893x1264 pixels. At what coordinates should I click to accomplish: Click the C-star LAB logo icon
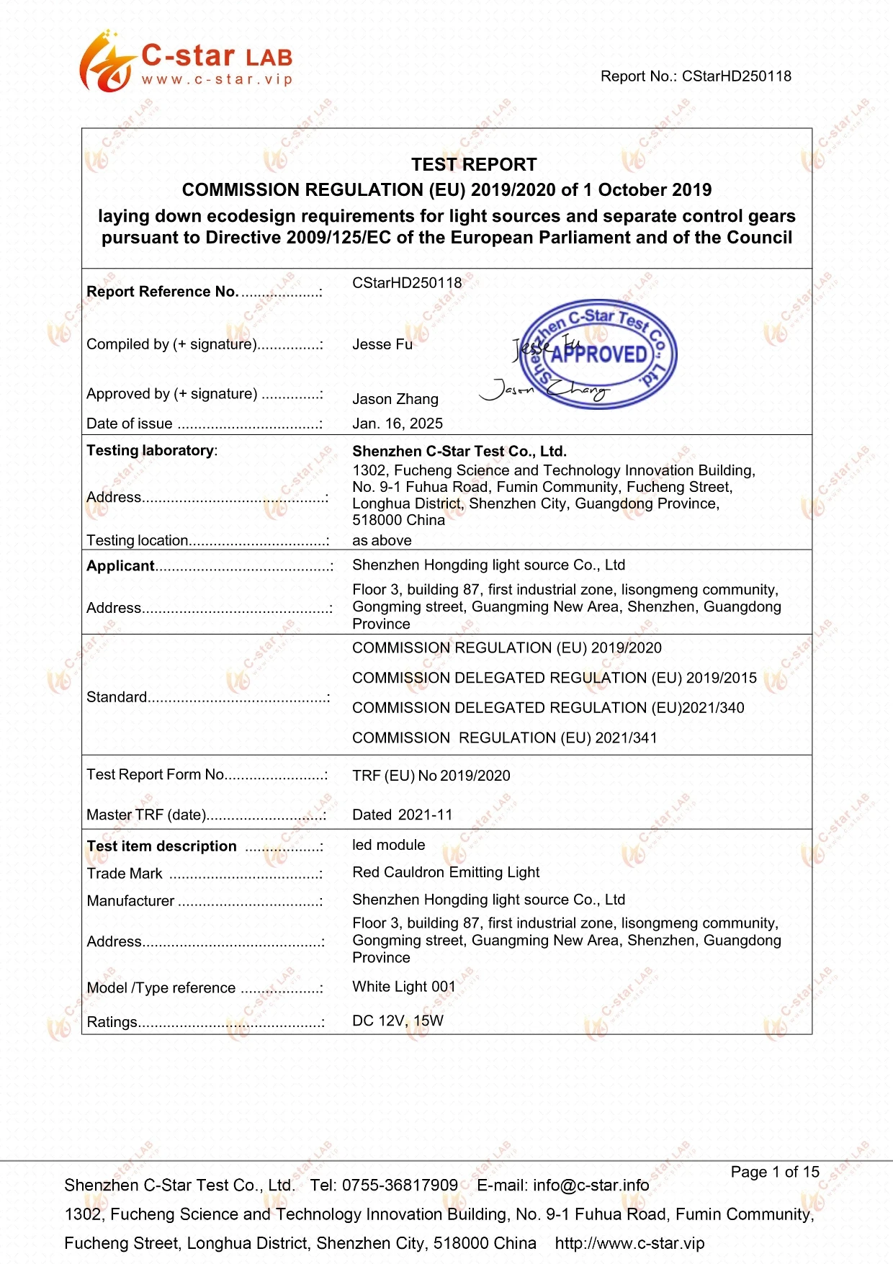[107, 62]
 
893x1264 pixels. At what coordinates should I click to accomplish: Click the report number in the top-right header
[696, 76]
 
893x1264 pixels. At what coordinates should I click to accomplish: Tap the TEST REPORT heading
[474, 165]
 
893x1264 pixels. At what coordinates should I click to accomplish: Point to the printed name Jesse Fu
[382, 345]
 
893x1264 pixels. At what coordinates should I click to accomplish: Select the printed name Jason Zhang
[395, 399]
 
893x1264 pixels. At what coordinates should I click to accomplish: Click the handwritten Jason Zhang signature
[545, 390]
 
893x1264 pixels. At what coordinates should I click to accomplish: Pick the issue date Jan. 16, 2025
[398, 423]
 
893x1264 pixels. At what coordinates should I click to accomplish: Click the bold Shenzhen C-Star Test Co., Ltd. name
[459, 452]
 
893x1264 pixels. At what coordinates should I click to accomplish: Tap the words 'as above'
[382, 540]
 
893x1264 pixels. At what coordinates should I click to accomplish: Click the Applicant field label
[120, 566]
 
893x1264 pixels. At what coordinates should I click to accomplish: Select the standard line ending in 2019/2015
[554, 678]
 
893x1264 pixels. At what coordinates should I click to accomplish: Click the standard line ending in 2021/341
[504, 738]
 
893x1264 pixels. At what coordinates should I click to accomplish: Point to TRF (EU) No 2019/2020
[431, 776]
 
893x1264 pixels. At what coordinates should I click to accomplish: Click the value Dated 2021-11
[402, 815]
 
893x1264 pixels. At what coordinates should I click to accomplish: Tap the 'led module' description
[388, 845]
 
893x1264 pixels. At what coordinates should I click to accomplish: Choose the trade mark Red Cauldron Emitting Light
[446, 872]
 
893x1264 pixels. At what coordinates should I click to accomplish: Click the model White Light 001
[403, 987]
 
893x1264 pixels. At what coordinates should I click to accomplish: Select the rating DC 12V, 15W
[398, 1021]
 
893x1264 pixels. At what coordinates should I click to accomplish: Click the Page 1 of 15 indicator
[775, 1172]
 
